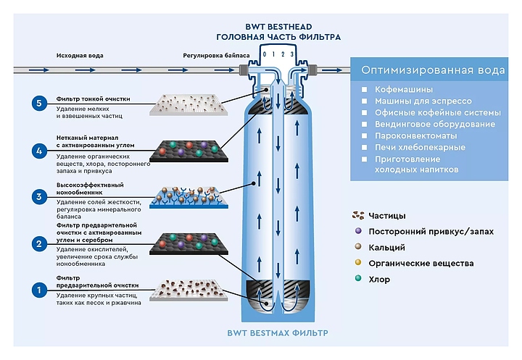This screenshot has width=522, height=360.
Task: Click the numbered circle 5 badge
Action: (40, 103)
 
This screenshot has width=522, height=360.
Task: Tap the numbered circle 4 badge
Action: (40, 151)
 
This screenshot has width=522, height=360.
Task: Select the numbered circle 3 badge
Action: (40, 196)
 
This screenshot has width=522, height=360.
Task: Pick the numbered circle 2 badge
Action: (40, 244)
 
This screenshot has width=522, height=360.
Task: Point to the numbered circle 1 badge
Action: (40, 290)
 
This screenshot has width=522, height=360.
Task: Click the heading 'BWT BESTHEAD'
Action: (278, 23)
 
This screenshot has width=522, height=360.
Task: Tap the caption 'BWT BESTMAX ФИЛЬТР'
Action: (278, 333)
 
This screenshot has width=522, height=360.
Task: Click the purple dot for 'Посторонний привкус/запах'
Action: (358, 231)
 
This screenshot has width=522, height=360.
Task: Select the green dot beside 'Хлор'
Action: (358, 279)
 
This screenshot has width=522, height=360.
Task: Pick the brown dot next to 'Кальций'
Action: (358, 247)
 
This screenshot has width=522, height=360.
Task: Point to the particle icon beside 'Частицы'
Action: (357, 215)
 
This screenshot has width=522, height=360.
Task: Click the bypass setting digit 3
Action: (291, 54)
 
